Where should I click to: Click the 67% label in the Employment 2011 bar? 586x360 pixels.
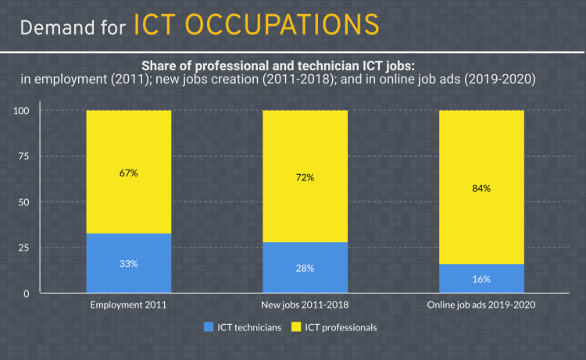click(128, 173)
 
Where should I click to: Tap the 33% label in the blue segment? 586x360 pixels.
click(128, 264)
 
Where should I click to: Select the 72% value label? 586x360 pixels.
click(305, 177)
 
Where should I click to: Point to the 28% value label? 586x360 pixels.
click(305, 269)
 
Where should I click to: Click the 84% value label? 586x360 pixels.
click(481, 188)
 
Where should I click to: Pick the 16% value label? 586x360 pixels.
click(481, 279)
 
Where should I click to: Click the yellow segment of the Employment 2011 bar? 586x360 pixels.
click(128, 141)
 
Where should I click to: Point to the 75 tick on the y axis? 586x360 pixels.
click(23, 156)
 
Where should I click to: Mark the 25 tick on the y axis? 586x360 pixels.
click(23, 248)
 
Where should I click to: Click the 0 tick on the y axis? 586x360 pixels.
click(26, 294)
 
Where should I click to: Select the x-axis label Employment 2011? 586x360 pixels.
click(128, 305)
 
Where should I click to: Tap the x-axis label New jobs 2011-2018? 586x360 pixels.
click(305, 305)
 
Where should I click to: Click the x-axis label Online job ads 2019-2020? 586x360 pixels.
click(481, 305)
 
